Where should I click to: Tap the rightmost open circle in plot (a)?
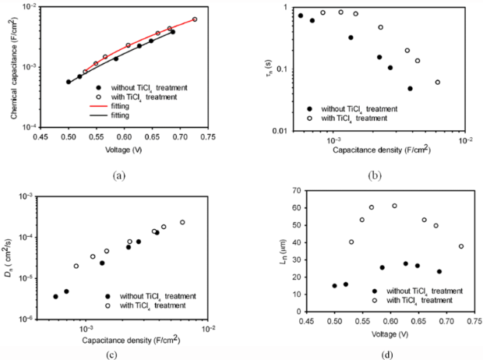coord(195,19)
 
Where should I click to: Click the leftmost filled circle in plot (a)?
coord(69,82)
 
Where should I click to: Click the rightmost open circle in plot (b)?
coord(438,82)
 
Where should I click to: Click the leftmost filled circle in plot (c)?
coord(55,297)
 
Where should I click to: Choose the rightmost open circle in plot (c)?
coord(182,223)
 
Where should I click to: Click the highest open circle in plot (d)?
coord(394,206)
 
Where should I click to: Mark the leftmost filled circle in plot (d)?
coord(335,286)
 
